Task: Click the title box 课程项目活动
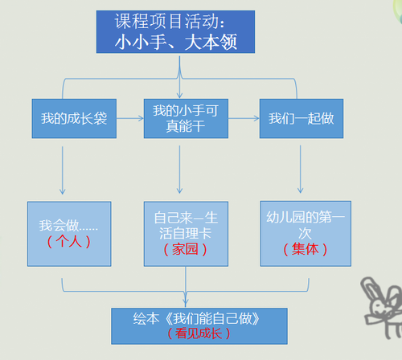click(x=175, y=32)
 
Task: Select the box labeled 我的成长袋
click(x=74, y=118)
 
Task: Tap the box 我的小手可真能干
click(x=186, y=118)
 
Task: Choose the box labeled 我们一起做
click(x=301, y=118)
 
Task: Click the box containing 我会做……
click(x=69, y=234)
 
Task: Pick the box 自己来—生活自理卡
click(x=186, y=234)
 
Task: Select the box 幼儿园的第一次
click(x=306, y=234)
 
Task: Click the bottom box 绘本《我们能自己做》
click(x=199, y=326)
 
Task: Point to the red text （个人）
click(x=68, y=241)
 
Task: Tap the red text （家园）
click(x=185, y=249)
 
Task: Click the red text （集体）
click(x=306, y=249)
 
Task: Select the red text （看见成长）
click(x=199, y=333)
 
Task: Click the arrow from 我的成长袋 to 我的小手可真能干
click(x=130, y=118)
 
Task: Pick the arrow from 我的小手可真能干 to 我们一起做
click(x=244, y=118)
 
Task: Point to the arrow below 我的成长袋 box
click(x=63, y=170)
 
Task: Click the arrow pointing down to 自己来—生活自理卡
click(x=179, y=170)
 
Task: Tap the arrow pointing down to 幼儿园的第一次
click(x=300, y=170)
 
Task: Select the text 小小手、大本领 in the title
click(x=176, y=42)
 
